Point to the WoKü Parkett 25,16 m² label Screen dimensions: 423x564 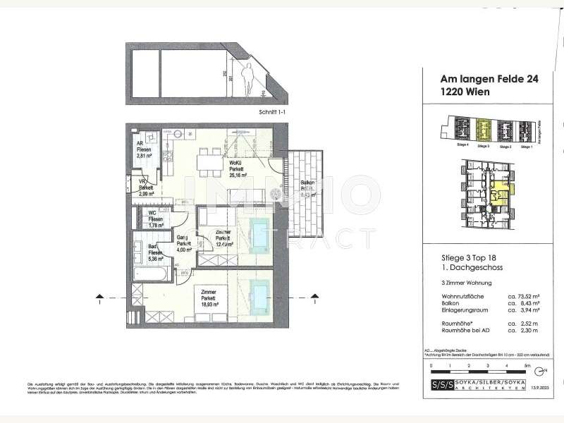pyautogui.click(x=237, y=170)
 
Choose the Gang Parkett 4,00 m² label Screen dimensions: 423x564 pyautogui.click(x=183, y=243)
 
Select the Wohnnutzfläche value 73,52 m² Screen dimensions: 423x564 pyautogui.click(x=525, y=296)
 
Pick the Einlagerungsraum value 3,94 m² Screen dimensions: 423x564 pyautogui.click(x=525, y=309)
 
